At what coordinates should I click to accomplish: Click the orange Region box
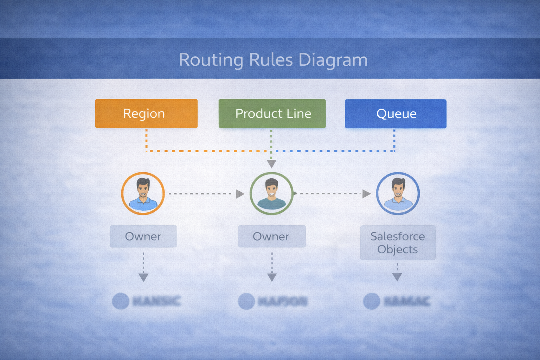tap(146, 114)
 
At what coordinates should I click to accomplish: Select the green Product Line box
tap(272, 114)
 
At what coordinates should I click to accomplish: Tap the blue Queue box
tap(396, 114)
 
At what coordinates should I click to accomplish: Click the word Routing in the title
tap(211, 60)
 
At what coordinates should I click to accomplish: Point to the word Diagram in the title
tap(333, 60)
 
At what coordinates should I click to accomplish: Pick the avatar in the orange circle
tap(143, 193)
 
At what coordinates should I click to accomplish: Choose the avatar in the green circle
tap(271, 193)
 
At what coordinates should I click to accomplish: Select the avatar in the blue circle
tap(398, 193)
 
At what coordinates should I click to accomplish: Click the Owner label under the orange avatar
tap(143, 236)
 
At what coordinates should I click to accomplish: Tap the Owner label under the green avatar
tap(272, 236)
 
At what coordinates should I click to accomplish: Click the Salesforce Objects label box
tap(398, 243)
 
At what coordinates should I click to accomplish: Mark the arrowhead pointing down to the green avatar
tap(271, 164)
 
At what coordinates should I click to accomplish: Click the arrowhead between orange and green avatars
tap(240, 194)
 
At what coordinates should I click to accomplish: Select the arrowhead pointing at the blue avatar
tap(366, 194)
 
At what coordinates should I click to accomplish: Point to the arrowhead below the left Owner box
tap(143, 277)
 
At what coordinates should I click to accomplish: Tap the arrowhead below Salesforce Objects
tap(397, 277)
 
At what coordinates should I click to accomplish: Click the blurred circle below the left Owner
tap(121, 301)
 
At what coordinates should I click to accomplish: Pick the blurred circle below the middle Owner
tap(246, 301)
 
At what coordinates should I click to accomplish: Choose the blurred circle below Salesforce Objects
tap(372, 301)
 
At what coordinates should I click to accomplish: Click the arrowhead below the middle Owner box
tap(272, 277)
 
